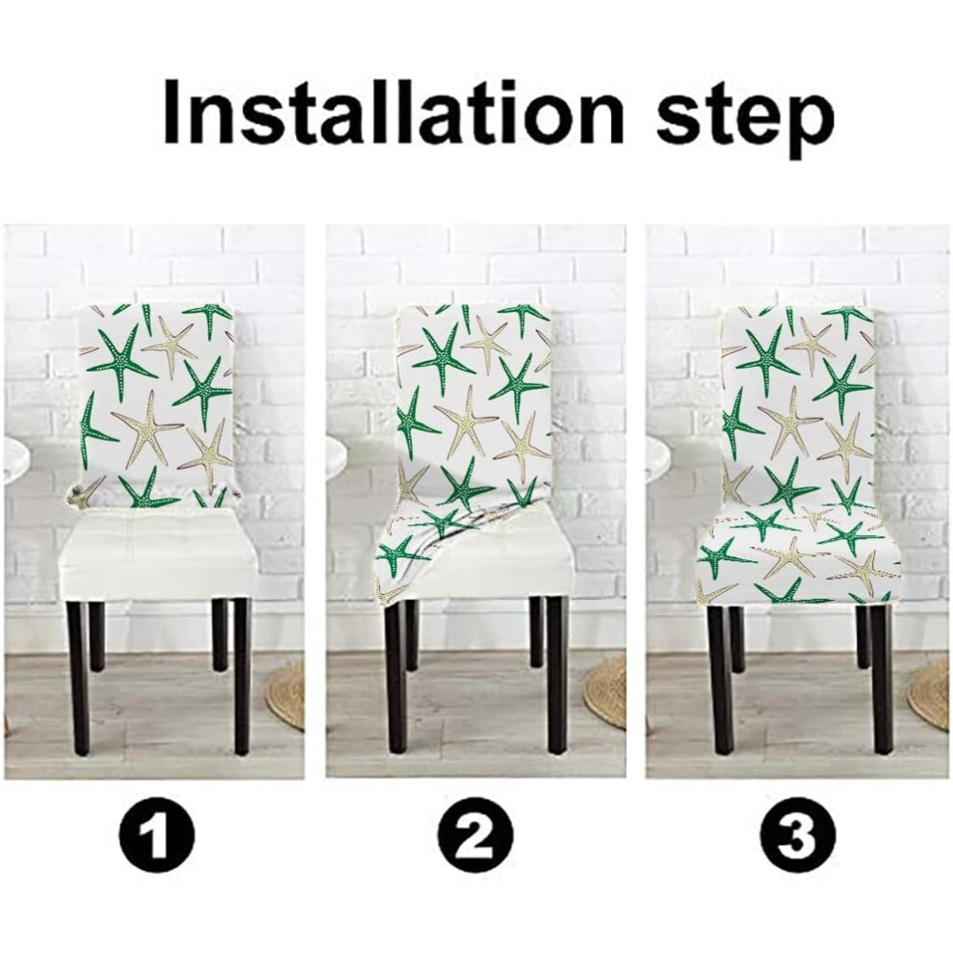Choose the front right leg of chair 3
tap(881, 678)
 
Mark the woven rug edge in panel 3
tap(929, 693)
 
